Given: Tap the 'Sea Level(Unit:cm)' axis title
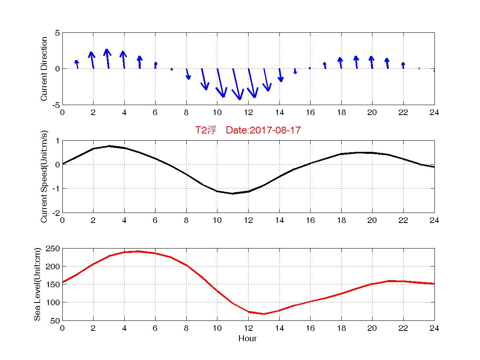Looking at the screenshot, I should (37, 284).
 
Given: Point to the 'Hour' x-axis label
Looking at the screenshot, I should (247, 339).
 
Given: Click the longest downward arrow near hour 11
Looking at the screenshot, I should (236, 84).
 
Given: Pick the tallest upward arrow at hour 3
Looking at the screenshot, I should (107, 58).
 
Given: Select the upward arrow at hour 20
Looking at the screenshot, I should (372, 62).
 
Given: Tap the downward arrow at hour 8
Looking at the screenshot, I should (188, 74).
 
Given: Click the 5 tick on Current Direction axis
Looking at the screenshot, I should (57, 33).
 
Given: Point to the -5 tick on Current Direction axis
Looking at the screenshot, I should (56, 105).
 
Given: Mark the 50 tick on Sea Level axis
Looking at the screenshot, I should (55, 320).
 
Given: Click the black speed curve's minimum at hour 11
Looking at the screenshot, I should (233, 193).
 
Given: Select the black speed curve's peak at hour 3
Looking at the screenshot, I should (109, 146).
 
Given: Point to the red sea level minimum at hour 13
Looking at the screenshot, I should (264, 314).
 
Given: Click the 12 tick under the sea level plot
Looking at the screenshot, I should (248, 328).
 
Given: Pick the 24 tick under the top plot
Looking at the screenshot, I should (434, 112).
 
